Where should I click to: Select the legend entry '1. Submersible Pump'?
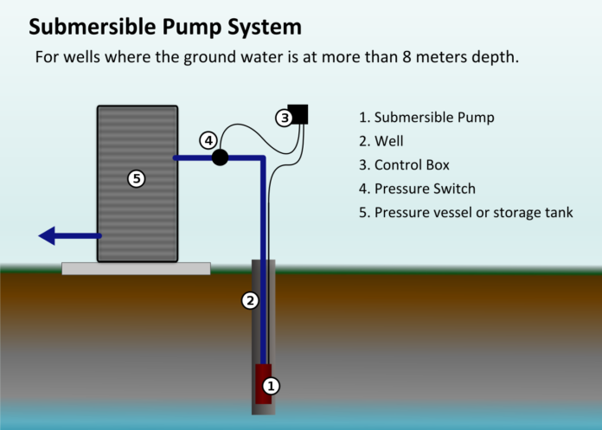point(427,117)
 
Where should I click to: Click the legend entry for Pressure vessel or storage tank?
point(465,213)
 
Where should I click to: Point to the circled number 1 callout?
point(271,386)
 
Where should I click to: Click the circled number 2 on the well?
point(250,301)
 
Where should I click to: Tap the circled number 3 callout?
point(284,118)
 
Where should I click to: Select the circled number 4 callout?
point(208,140)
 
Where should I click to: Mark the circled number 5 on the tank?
point(136,179)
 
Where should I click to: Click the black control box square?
point(298,114)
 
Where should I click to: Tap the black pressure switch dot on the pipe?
point(220,157)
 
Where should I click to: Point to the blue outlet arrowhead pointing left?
point(48,235)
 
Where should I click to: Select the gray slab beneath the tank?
point(136,268)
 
